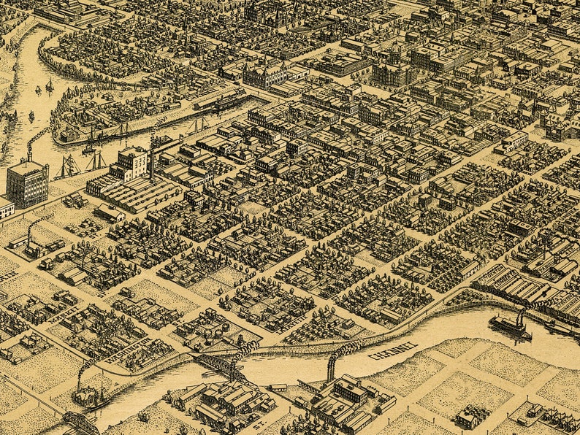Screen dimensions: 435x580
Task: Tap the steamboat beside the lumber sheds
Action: click(510, 326)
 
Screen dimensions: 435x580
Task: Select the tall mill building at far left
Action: click(27, 182)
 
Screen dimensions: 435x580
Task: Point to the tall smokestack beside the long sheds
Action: click(152, 158)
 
